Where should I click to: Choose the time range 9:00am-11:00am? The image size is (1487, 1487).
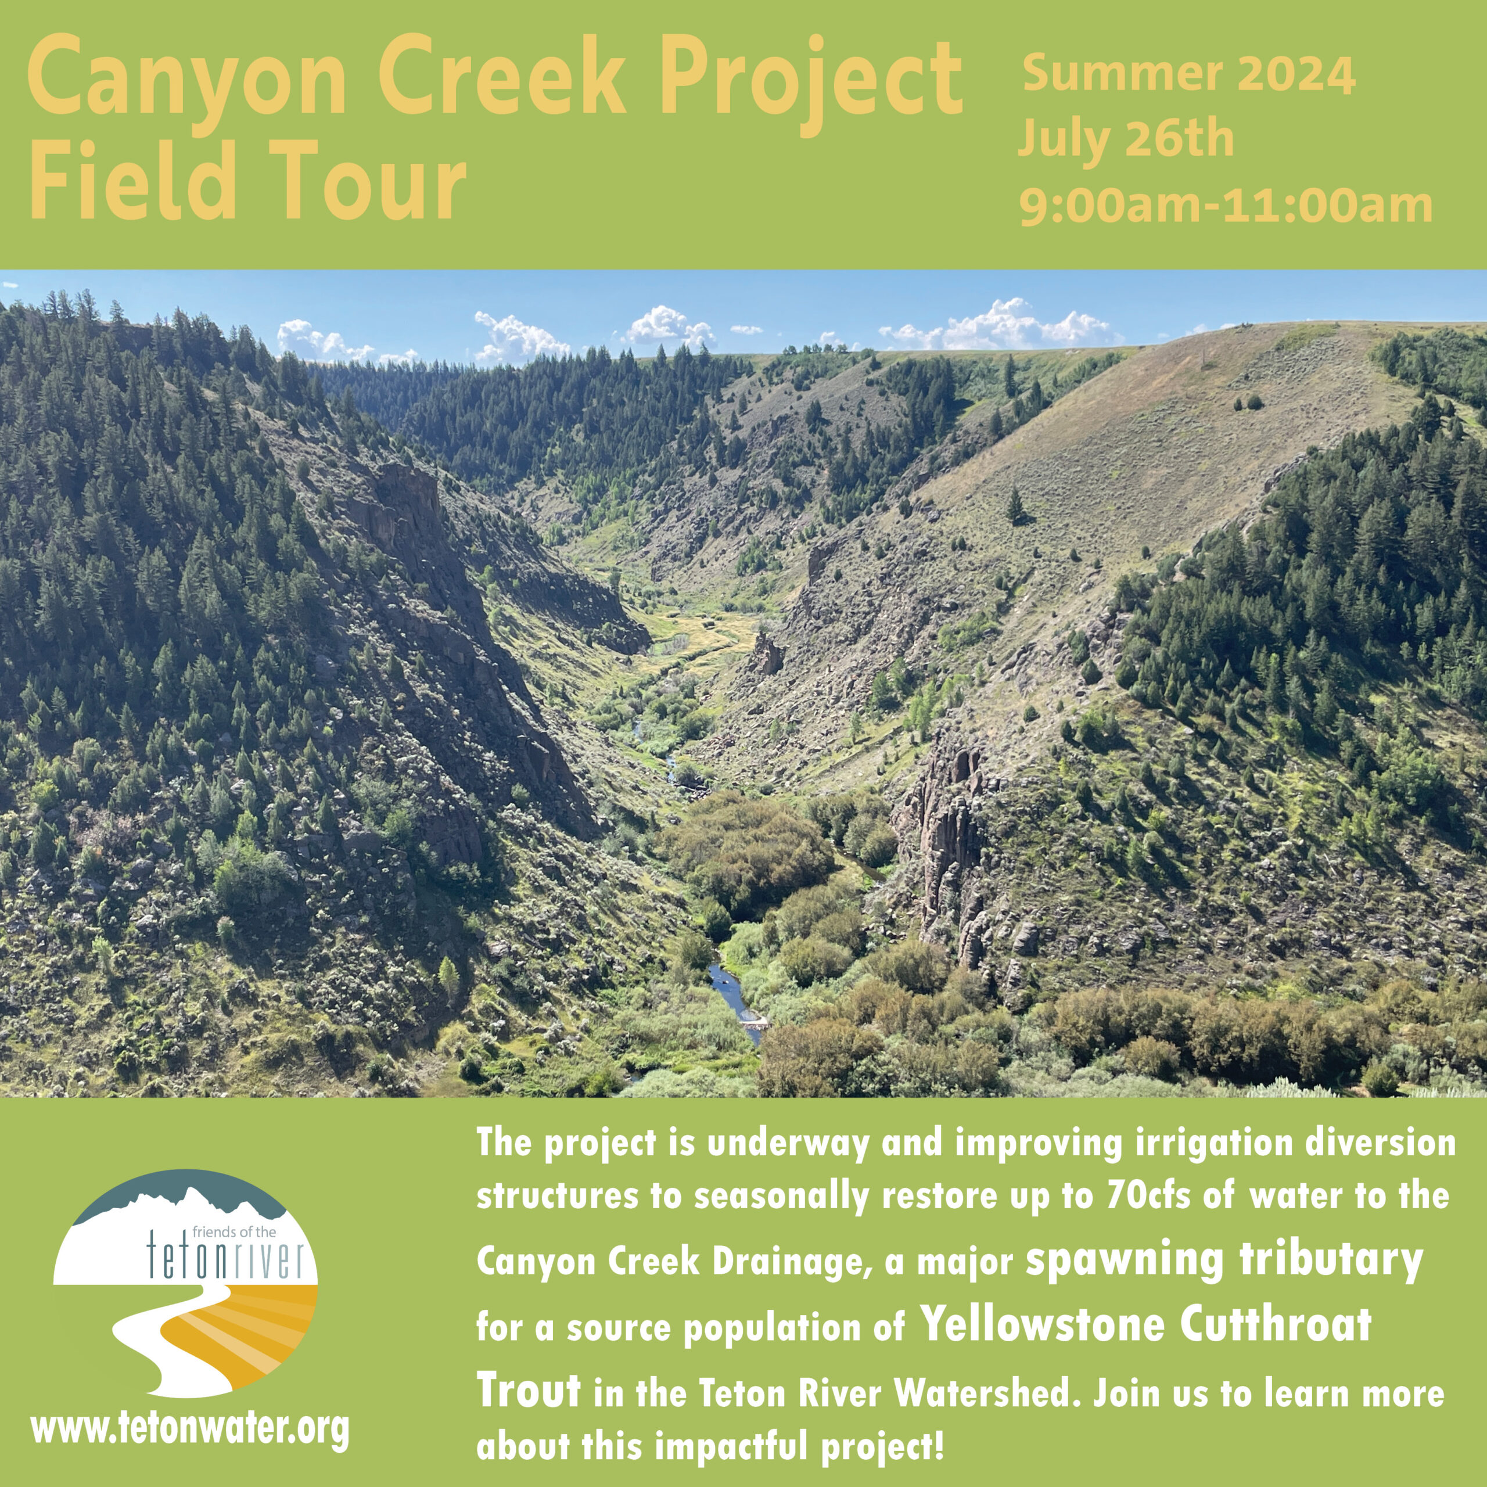click(x=1225, y=206)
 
